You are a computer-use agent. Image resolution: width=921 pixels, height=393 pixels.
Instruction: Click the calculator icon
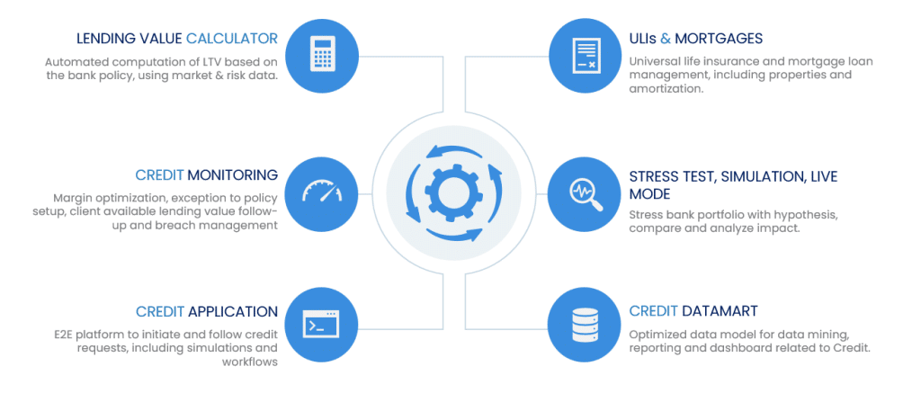point(321,55)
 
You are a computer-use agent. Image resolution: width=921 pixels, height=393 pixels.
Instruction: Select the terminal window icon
point(321,323)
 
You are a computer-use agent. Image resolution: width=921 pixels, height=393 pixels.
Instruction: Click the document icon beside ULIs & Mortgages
point(586,55)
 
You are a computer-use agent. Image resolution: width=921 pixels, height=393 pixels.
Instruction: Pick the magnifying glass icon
point(586,193)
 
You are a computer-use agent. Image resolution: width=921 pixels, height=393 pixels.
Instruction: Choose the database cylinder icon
point(586,325)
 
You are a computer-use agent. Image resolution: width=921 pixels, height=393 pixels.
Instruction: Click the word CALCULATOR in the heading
point(232,39)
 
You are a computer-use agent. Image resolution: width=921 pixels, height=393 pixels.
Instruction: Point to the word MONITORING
point(233,174)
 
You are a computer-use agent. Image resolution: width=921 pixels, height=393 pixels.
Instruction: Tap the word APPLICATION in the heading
point(233,311)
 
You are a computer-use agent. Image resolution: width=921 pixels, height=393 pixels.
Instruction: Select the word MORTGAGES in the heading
point(719,39)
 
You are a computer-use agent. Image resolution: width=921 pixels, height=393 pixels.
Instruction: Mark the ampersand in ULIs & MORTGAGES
point(665,39)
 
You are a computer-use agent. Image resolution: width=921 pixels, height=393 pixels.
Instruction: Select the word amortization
point(666,89)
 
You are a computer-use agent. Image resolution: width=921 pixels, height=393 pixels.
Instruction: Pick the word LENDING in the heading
point(103,39)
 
